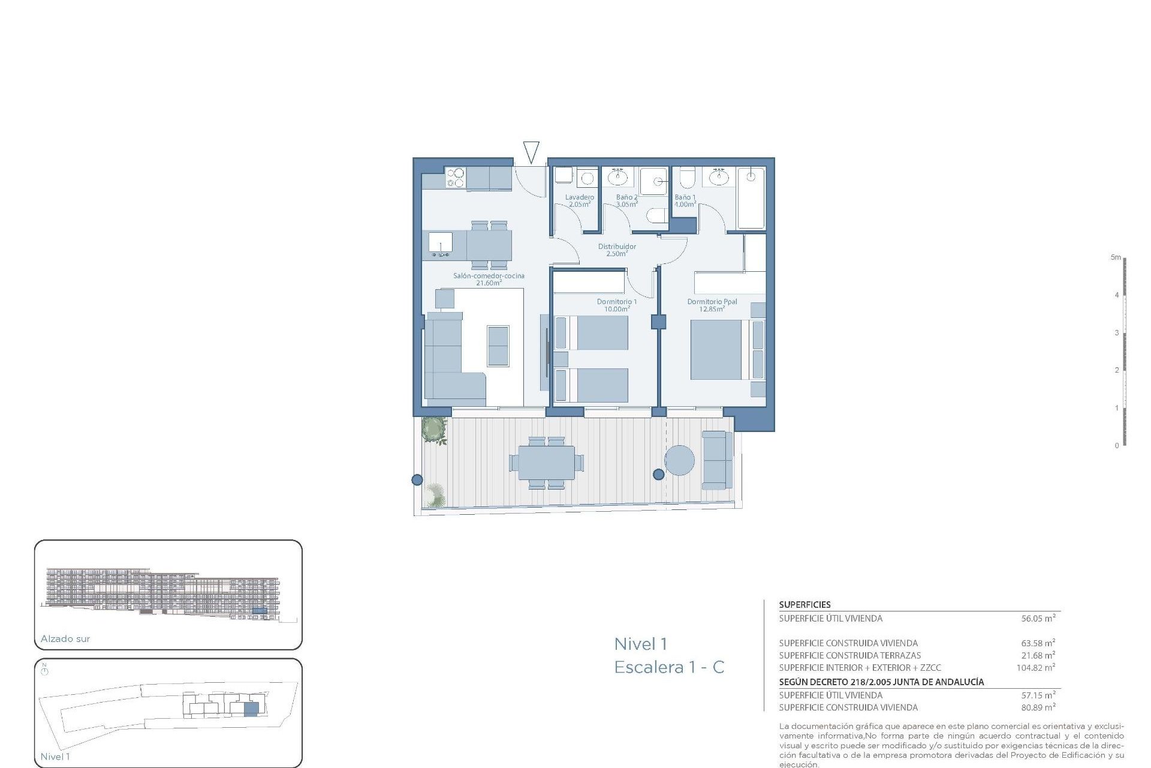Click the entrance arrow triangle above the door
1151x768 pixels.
531,151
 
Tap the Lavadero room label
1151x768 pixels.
579,200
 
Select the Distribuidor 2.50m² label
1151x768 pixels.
617,250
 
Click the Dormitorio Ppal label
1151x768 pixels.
712,305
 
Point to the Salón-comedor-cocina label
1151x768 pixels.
489,279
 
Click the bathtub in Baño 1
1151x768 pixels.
751,198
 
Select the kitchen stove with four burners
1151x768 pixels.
455,178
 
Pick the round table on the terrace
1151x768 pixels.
679,460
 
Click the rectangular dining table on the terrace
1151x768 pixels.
546,463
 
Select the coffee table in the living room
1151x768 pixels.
498,346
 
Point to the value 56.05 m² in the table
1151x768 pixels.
1038,619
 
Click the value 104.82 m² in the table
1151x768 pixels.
1035,668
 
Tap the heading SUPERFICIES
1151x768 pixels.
805,605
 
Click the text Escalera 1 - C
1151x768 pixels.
669,667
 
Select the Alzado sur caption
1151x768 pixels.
65,639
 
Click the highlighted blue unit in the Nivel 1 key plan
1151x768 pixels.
251,709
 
